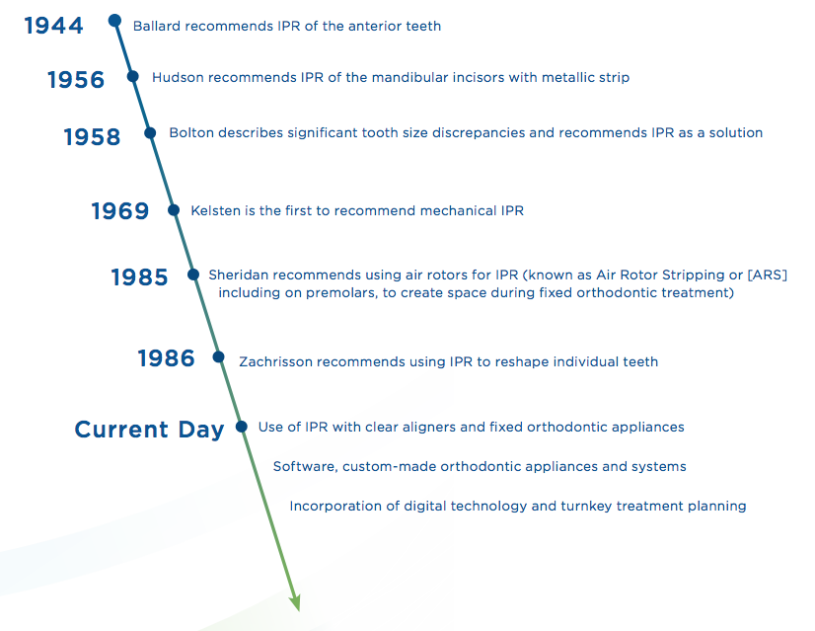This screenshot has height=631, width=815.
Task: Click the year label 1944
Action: coord(53,26)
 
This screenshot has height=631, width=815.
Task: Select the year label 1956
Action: coord(76,80)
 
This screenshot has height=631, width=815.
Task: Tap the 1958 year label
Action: coord(92,137)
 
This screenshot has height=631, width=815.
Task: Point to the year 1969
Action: coord(120,210)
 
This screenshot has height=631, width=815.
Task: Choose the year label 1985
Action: coord(140,276)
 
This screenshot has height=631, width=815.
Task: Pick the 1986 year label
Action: coord(167,357)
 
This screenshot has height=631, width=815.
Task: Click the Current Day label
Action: coord(150,430)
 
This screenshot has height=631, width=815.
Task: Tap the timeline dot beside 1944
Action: coord(114,21)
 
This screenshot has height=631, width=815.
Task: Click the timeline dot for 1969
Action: coord(174,210)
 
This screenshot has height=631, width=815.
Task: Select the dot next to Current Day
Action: coord(241,427)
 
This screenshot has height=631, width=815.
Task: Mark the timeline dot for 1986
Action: coord(218,356)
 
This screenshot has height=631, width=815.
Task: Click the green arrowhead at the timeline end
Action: coord(295,602)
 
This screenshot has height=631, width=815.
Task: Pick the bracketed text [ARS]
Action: coord(768,275)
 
